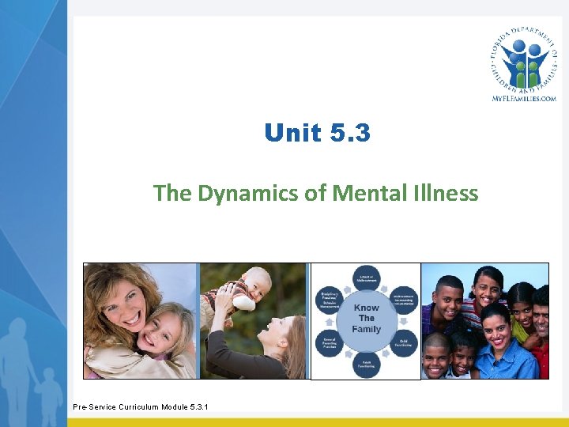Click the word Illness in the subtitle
(x=450, y=193)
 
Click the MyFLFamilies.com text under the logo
(x=524, y=98)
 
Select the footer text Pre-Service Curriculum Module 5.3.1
(x=141, y=407)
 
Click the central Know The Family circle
(x=366, y=319)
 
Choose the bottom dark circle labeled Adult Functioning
(x=367, y=365)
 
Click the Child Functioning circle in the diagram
(x=404, y=342)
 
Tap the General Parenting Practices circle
(x=329, y=342)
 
